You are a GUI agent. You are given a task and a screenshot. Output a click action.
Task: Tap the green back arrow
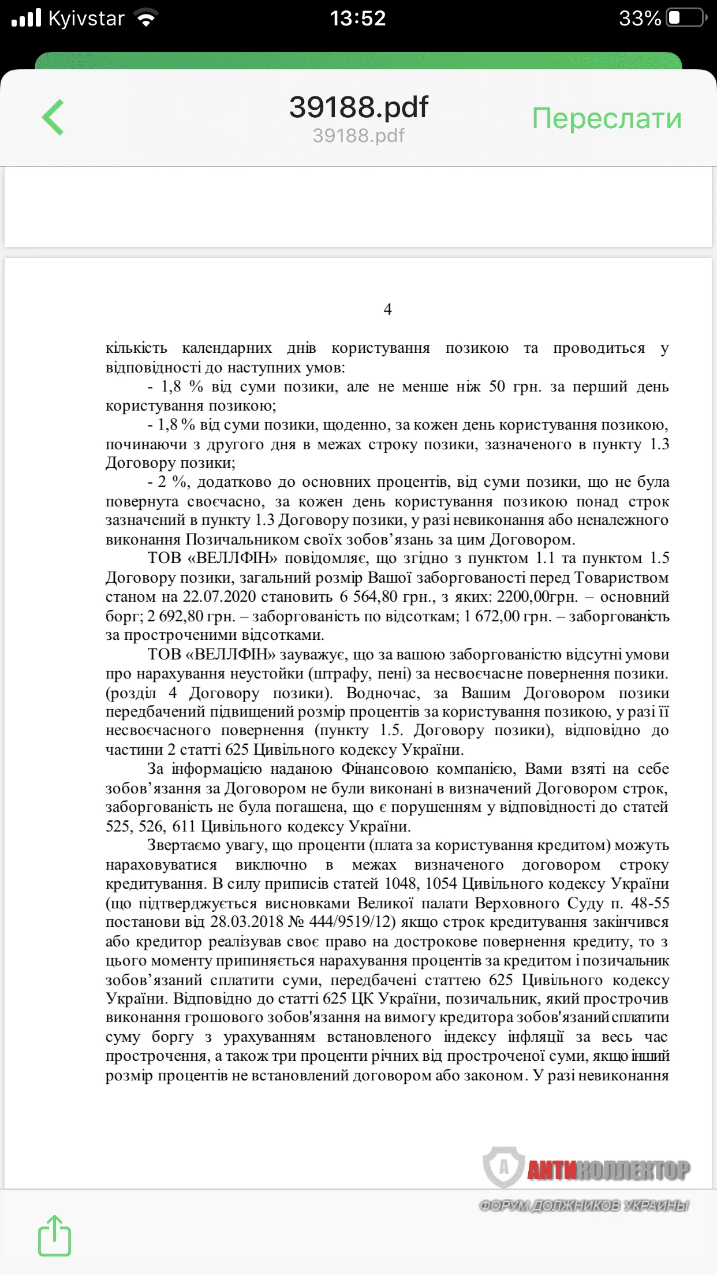click(x=53, y=117)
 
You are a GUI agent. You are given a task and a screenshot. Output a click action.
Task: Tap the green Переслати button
click(x=606, y=118)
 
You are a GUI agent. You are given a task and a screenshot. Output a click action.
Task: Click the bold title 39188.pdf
click(x=358, y=107)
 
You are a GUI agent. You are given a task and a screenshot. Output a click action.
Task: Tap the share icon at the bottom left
click(x=54, y=1236)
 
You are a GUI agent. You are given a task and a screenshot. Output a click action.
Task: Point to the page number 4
click(x=387, y=310)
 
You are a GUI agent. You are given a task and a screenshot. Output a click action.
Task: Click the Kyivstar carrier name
click(x=86, y=18)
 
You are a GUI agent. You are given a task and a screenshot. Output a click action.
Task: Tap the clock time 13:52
click(x=358, y=18)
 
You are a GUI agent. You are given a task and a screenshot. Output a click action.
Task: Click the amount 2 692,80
click(x=175, y=616)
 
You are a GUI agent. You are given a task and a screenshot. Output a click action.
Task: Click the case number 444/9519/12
click(x=353, y=922)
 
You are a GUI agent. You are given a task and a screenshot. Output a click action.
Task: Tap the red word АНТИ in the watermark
click(x=551, y=1170)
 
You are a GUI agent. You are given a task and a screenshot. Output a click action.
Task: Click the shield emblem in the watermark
click(x=503, y=1167)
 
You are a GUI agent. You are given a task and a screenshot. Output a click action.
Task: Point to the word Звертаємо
click(x=185, y=845)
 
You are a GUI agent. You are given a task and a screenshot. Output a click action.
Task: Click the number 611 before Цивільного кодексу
click(x=184, y=826)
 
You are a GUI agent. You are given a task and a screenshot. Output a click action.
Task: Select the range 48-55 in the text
click(x=649, y=903)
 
